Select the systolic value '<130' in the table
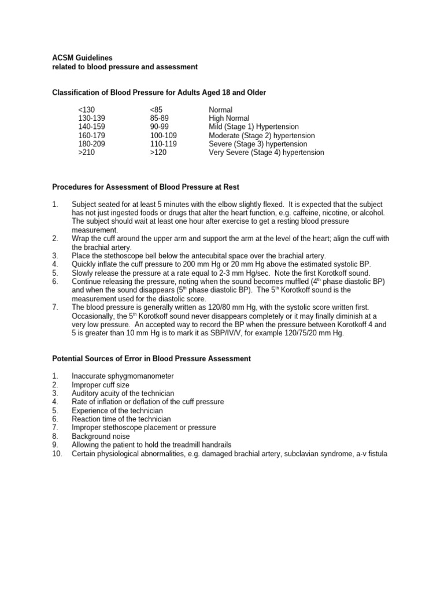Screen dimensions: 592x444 click(86, 109)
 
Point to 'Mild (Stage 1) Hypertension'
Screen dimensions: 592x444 click(254, 127)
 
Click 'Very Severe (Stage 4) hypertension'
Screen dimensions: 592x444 click(266, 153)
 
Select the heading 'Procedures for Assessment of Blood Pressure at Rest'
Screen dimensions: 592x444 click(146, 187)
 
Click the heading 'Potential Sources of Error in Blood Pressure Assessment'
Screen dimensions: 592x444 click(151, 359)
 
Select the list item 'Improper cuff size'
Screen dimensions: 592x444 click(101, 384)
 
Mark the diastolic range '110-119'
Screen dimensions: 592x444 click(163, 144)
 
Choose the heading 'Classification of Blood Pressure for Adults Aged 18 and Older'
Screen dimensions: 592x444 click(159, 92)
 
